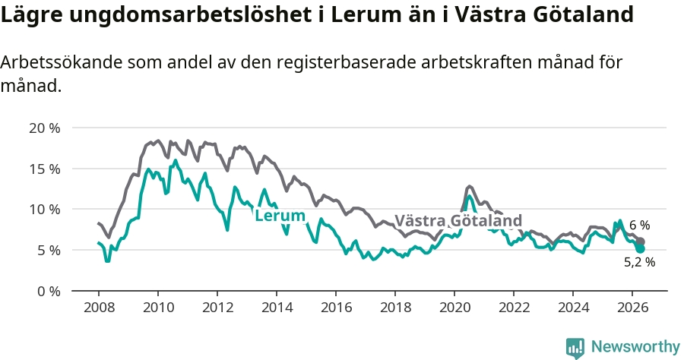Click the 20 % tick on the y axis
(45, 128)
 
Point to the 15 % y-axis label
(45, 169)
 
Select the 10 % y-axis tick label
(45, 210)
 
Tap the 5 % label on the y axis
(48, 251)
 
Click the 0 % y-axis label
(48, 291)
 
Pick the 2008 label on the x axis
(99, 308)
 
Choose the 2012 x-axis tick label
(217, 308)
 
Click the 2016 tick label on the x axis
(337, 308)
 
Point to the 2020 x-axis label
(455, 308)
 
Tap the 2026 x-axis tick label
(633, 308)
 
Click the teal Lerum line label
(280, 215)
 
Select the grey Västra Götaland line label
(458, 220)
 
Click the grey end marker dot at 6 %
(641, 242)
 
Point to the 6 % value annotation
(639, 226)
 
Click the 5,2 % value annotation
(639, 262)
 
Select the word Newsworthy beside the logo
(635, 347)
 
